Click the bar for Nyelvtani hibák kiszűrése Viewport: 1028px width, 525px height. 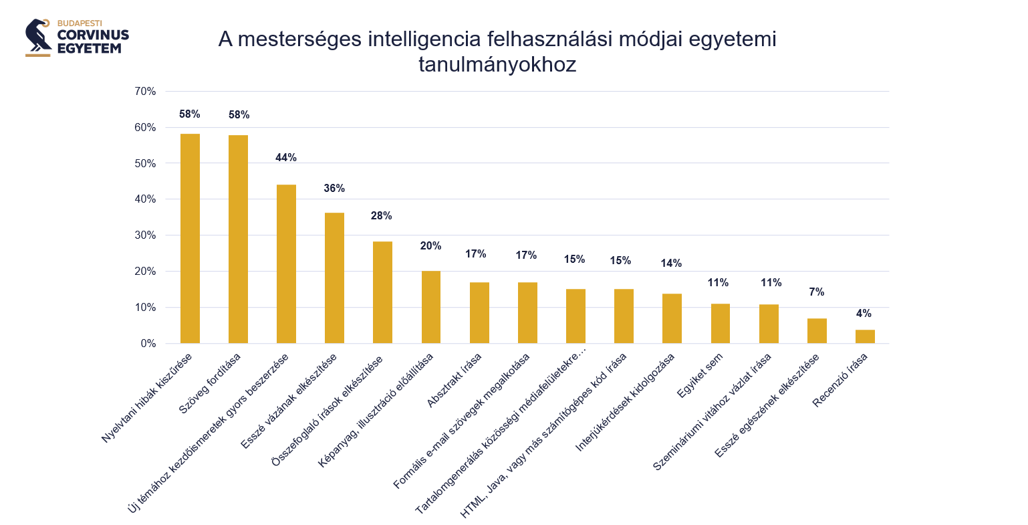click(190, 238)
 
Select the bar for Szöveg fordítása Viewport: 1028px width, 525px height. click(238, 239)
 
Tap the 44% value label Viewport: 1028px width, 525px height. click(286, 158)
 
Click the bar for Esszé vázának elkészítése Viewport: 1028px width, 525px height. click(334, 278)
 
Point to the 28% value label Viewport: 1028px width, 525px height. click(382, 216)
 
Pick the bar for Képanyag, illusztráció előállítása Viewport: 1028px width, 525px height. click(431, 306)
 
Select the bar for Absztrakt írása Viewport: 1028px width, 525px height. click(479, 312)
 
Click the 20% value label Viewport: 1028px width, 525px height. click(430, 246)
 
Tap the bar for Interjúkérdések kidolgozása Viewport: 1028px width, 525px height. click(672, 318)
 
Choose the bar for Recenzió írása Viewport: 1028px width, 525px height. click(865, 336)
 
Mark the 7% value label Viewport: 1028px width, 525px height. click(816, 292)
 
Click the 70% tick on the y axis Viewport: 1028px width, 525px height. click(145, 92)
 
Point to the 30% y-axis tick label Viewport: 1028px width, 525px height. click(145, 235)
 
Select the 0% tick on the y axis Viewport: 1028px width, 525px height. click(148, 344)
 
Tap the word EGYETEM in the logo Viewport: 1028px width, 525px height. click(89, 48)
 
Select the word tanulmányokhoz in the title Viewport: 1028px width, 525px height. click(497, 66)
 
